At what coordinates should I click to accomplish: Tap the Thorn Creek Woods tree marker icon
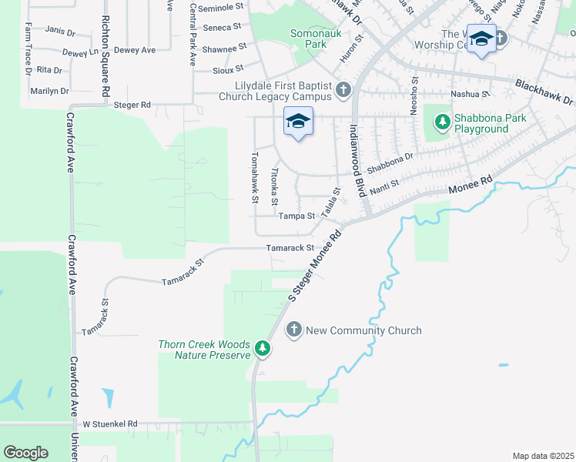pyautogui.click(x=263, y=350)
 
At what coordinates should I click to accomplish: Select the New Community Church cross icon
pyautogui.click(x=293, y=330)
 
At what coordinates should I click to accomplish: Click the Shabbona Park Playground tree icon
pyautogui.click(x=442, y=121)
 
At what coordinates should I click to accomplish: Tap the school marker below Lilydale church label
pyautogui.click(x=298, y=122)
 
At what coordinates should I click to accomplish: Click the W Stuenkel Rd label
pyautogui.click(x=109, y=423)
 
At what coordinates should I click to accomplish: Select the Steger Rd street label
pyautogui.click(x=132, y=104)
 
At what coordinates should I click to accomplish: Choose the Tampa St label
pyautogui.click(x=297, y=216)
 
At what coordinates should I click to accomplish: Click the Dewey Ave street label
pyautogui.click(x=135, y=50)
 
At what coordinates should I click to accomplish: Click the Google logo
pyautogui.click(x=25, y=453)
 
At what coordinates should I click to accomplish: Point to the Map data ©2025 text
pyautogui.click(x=542, y=456)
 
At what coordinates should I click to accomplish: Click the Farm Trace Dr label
pyautogui.click(x=28, y=49)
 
